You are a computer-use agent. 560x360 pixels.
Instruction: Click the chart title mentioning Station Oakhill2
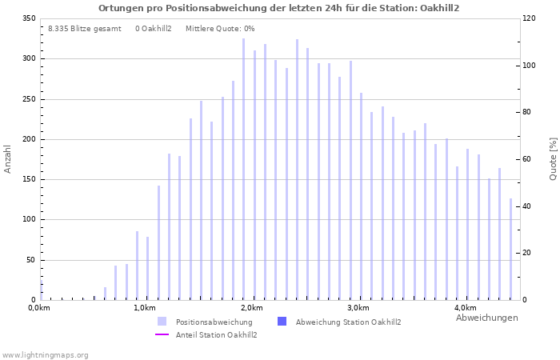(x=279, y=8)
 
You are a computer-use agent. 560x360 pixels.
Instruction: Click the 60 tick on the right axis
(x=529, y=159)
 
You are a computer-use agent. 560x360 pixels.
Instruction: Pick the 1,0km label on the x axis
(x=144, y=308)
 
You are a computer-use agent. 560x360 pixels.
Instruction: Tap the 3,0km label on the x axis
(x=358, y=308)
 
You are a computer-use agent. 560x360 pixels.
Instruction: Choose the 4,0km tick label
(x=465, y=308)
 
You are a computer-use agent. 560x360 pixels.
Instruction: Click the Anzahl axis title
(x=8, y=158)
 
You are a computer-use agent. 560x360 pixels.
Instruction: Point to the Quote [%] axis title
(x=553, y=158)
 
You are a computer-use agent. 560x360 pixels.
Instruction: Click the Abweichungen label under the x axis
(x=486, y=318)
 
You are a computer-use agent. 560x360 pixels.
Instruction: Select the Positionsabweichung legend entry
(x=214, y=322)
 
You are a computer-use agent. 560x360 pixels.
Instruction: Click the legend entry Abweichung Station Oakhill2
(x=348, y=322)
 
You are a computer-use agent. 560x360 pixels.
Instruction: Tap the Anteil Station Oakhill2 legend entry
(x=214, y=334)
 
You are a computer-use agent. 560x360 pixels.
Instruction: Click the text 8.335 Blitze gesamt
(x=85, y=29)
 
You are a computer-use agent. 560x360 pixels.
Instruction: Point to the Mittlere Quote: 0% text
(x=220, y=29)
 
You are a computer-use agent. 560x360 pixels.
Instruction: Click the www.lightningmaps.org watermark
(x=46, y=354)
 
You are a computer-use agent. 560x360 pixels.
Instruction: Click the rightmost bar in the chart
(x=510, y=249)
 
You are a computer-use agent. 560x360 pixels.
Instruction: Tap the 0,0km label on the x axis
(x=39, y=308)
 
